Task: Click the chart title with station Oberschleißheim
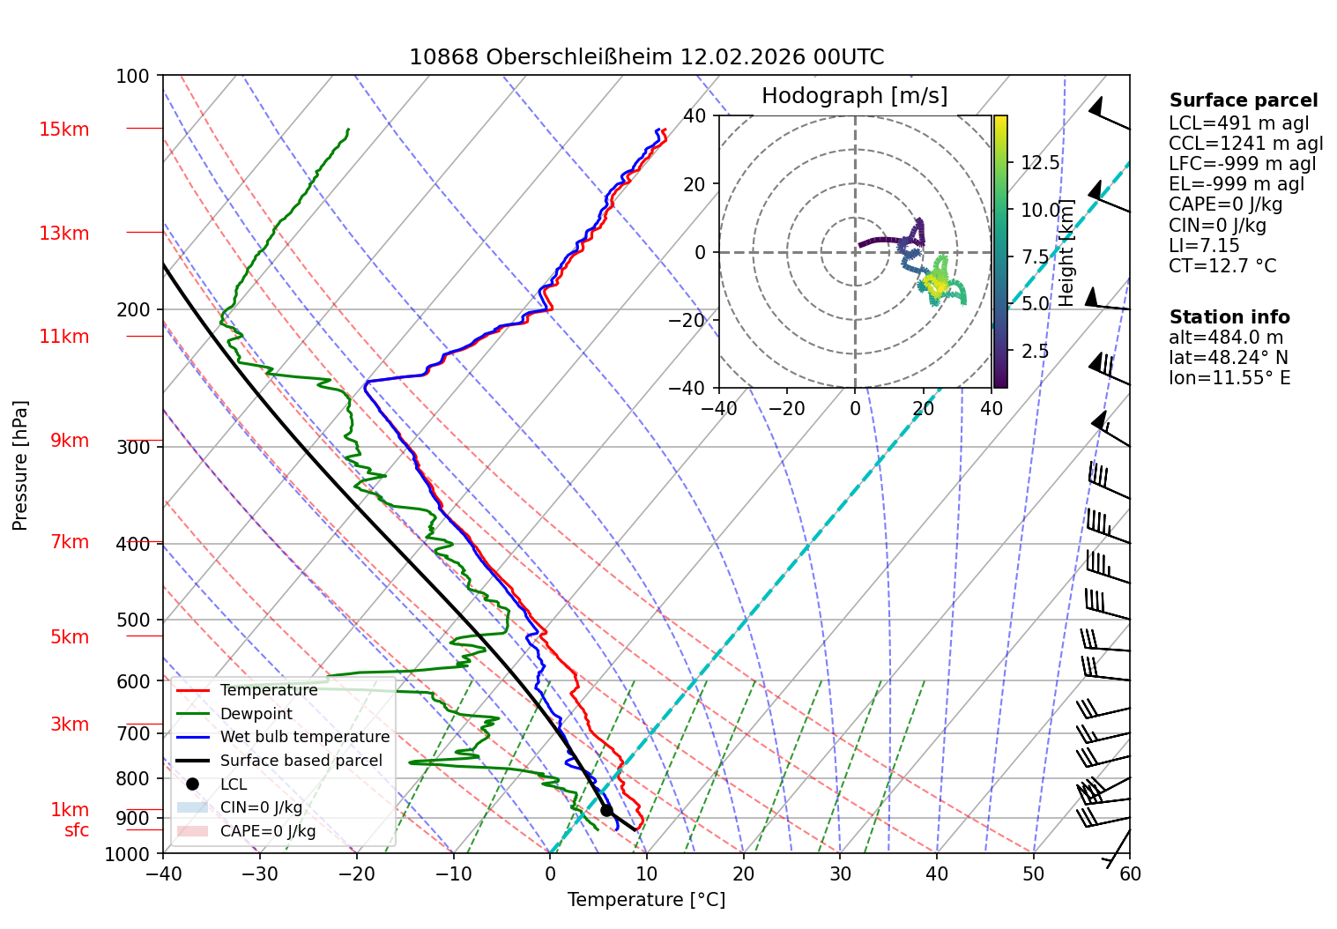646,57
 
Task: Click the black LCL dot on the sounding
606,810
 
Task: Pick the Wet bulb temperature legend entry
283,737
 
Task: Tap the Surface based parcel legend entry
279,761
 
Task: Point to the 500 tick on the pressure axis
133,620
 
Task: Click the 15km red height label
63,129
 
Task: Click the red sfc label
77,830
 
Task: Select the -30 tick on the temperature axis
260,874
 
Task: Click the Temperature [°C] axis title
646,899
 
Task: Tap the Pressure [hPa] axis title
19,465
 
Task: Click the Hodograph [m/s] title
855,95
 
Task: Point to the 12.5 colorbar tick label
1040,162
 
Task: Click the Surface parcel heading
1244,100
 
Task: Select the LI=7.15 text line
1204,245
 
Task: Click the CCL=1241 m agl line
1245,144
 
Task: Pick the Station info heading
1229,317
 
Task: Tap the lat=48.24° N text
1229,358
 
